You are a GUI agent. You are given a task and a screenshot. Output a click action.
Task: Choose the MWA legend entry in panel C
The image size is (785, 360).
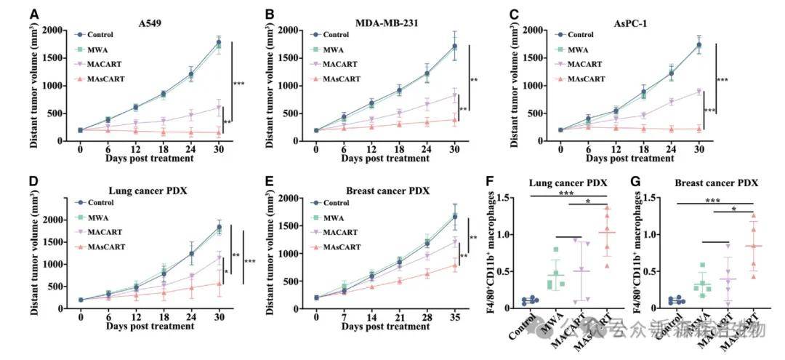tap(577, 49)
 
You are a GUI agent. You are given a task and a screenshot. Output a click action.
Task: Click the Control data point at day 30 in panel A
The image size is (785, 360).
tap(218, 43)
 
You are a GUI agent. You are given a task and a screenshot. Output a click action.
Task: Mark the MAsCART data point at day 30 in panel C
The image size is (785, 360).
tap(699, 129)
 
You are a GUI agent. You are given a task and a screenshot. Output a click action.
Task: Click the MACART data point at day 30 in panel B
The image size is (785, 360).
tap(455, 95)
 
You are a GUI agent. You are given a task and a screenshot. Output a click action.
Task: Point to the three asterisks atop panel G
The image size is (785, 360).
tap(713, 200)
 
